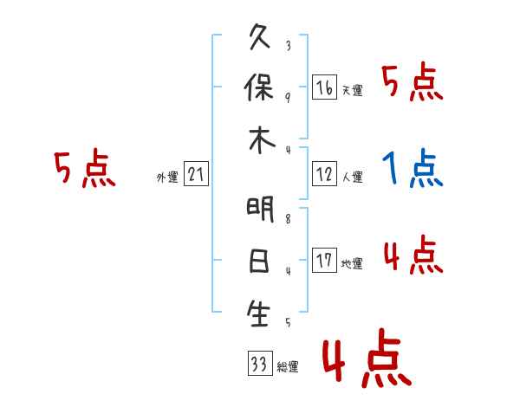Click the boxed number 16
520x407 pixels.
324,87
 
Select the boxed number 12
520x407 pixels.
324,175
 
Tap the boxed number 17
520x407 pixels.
324,261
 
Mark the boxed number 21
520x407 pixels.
196,175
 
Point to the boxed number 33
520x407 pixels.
258,364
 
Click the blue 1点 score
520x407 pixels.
413,168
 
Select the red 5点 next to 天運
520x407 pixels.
413,83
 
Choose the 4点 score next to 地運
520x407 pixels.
413,255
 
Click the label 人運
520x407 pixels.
352,178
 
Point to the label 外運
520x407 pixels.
167,178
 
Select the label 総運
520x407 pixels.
288,367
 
